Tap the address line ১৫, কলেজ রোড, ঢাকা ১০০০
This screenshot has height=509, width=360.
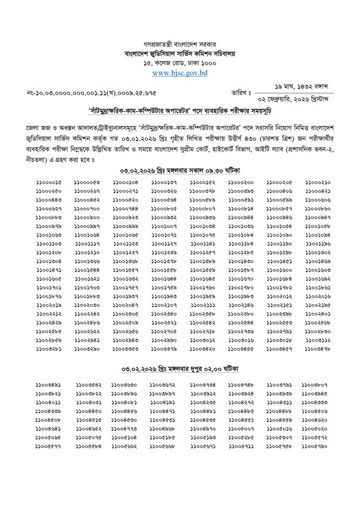point(180,64)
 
